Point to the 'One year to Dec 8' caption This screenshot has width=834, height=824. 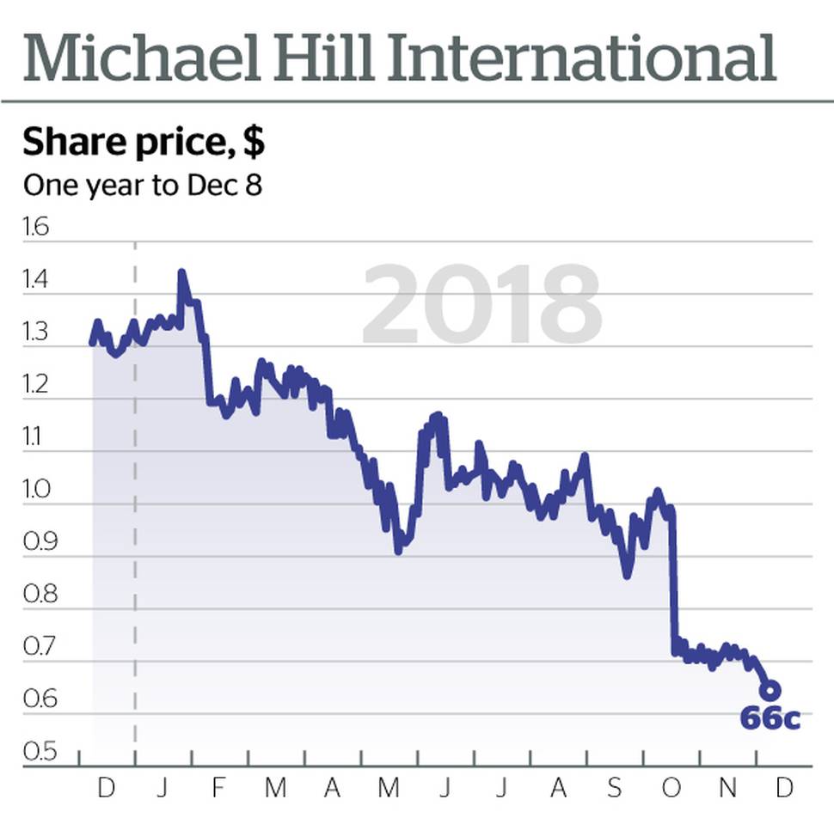tap(142, 185)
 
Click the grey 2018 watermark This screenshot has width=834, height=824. tap(481, 306)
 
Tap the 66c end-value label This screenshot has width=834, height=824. tap(770, 718)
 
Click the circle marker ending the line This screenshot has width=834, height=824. tap(770, 690)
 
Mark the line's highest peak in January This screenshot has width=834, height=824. tap(181, 274)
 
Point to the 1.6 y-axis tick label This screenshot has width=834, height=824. tap(37, 228)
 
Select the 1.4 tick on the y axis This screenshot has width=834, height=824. tap(37, 281)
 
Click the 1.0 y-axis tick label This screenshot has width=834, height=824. tap(37, 491)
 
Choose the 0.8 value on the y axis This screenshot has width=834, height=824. tap(37, 595)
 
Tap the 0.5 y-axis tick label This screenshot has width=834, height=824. tap(37, 753)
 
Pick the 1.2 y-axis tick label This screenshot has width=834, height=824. tap(37, 386)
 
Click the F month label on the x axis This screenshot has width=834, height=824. tap(218, 788)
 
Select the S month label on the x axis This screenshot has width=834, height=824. tap(614, 788)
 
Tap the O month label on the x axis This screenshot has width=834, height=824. tap(671, 788)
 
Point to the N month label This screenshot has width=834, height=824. tap(727, 788)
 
